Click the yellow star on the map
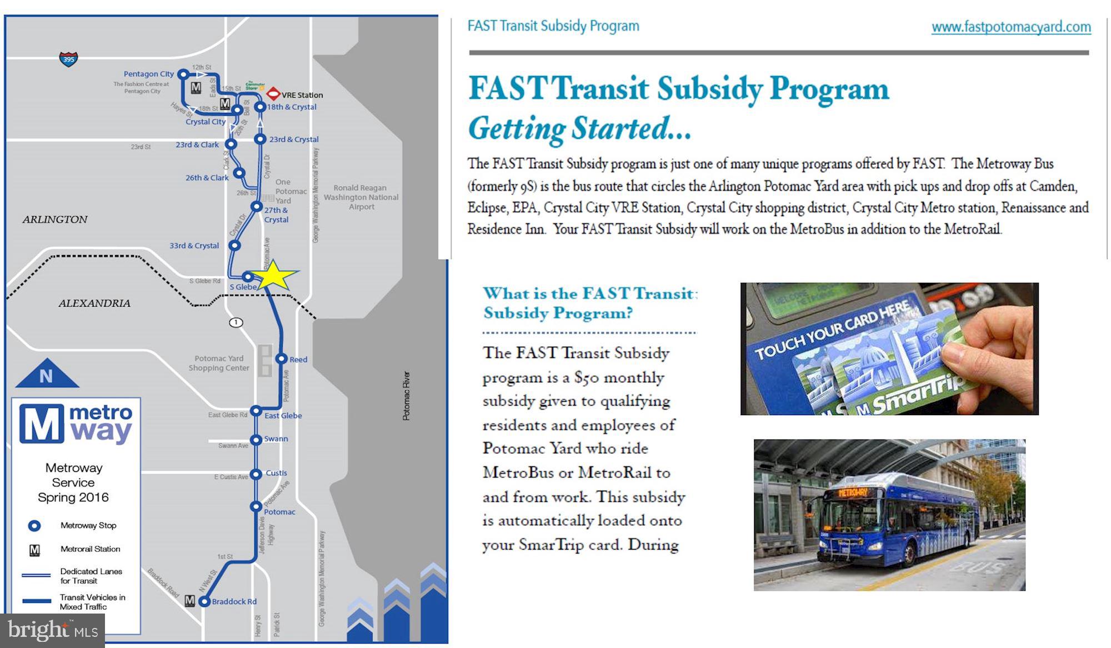tap(272, 276)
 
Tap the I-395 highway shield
tap(68, 59)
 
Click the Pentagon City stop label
tap(148, 74)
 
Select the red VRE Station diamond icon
tap(273, 94)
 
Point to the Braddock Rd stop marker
tap(204, 601)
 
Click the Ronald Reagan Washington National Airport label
tap(361, 197)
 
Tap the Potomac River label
tap(406, 396)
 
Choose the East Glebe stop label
tap(283, 416)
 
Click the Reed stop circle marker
tap(281, 359)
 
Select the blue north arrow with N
tap(47, 375)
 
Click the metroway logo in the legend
tap(76, 425)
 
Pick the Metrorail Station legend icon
tap(34, 550)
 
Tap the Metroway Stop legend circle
tap(34, 526)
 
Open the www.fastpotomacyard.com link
tap(1011, 27)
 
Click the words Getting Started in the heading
tap(579, 128)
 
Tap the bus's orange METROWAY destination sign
tap(853, 492)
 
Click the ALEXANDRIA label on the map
tap(94, 303)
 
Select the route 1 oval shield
tap(236, 323)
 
